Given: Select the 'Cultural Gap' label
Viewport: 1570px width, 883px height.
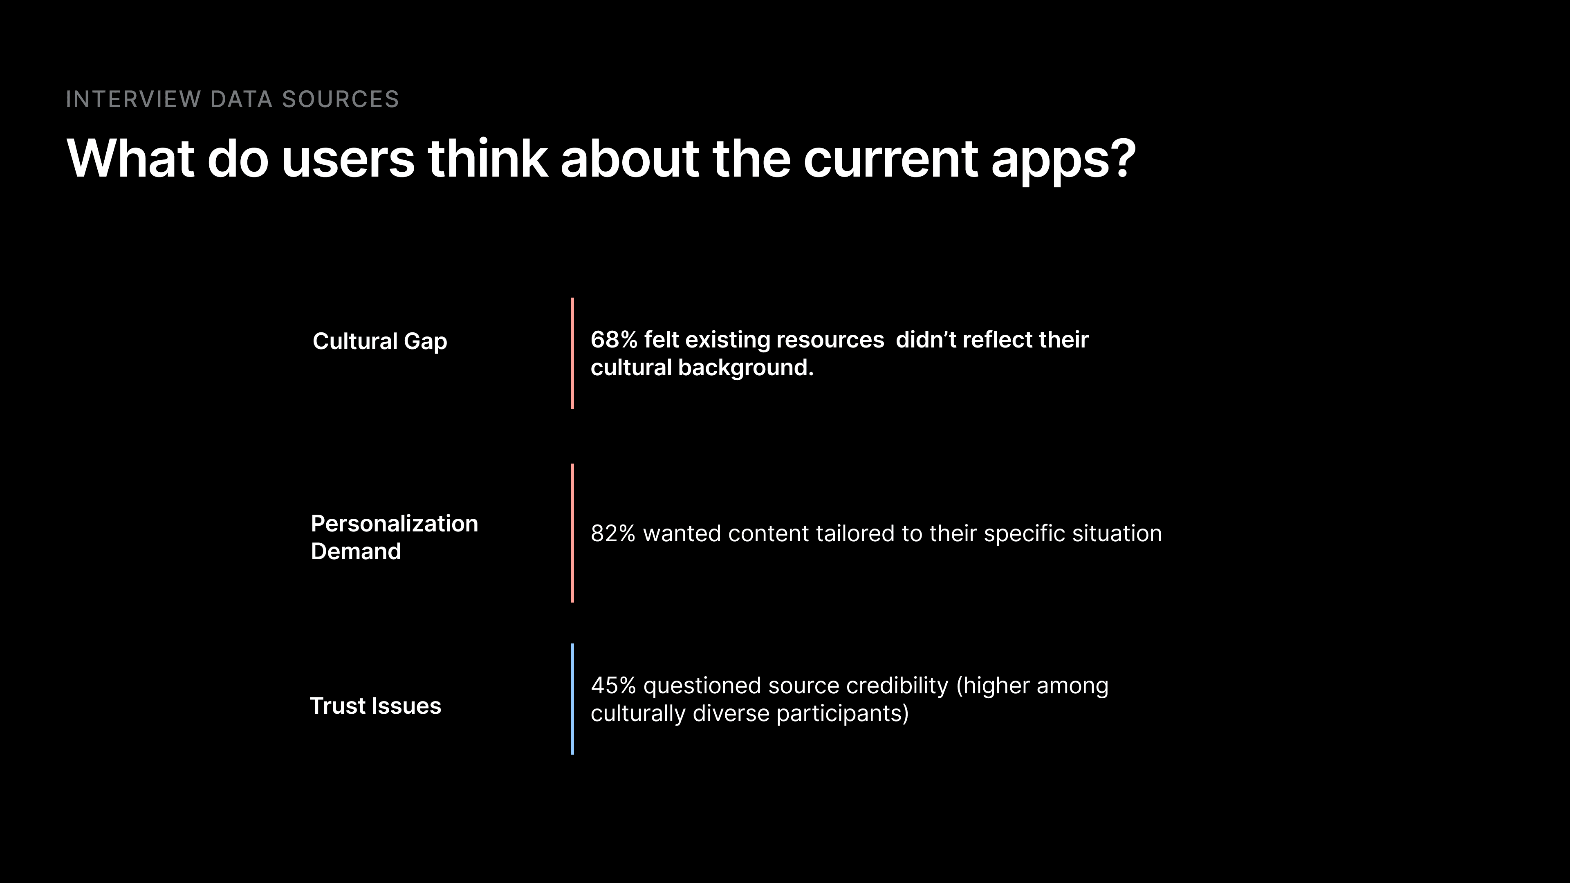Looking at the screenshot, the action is click(x=380, y=342).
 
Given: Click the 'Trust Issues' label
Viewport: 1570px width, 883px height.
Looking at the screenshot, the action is click(x=375, y=706).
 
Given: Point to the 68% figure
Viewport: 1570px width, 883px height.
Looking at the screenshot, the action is click(x=614, y=339).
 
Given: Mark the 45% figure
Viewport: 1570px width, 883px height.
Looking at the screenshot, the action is click(x=613, y=686).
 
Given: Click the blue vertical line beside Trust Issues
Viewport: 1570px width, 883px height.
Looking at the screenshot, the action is click(x=572, y=699).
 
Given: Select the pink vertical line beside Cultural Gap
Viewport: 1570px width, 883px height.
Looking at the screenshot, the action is click(x=572, y=353).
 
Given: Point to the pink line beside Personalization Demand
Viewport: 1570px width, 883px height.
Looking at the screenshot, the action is click(x=572, y=533).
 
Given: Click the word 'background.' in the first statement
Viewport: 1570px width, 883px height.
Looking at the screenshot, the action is click(x=746, y=368).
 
